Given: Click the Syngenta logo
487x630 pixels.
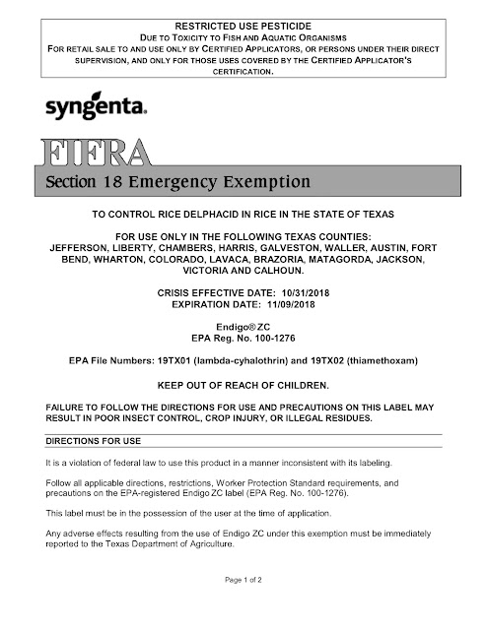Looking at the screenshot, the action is click(97, 107).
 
